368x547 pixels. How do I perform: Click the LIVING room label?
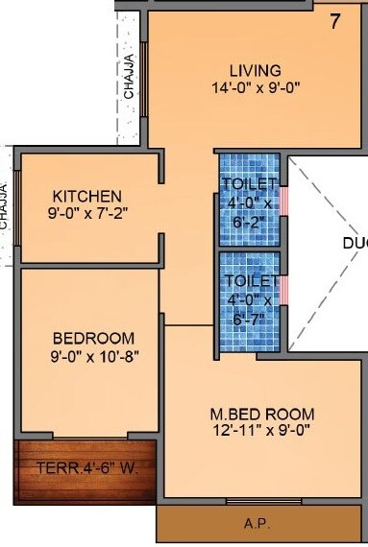(x=255, y=70)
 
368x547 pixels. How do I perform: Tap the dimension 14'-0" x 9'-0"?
(x=255, y=87)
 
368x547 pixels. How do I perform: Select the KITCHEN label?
(x=87, y=196)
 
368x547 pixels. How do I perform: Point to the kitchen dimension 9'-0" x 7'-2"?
(x=87, y=213)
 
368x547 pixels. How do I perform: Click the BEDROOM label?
(x=93, y=338)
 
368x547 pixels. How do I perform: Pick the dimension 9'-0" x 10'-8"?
(x=93, y=355)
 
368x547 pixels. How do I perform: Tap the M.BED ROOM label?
(x=262, y=414)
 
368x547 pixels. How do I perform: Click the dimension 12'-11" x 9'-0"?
(x=262, y=430)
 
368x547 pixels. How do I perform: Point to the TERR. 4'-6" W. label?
(x=86, y=469)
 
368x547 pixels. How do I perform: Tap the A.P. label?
(x=255, y=524)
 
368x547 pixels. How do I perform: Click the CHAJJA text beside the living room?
(x=129, y=77)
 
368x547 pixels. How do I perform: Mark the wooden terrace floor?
(x=86, y=485)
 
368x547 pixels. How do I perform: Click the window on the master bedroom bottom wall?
(x=263, y=500)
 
